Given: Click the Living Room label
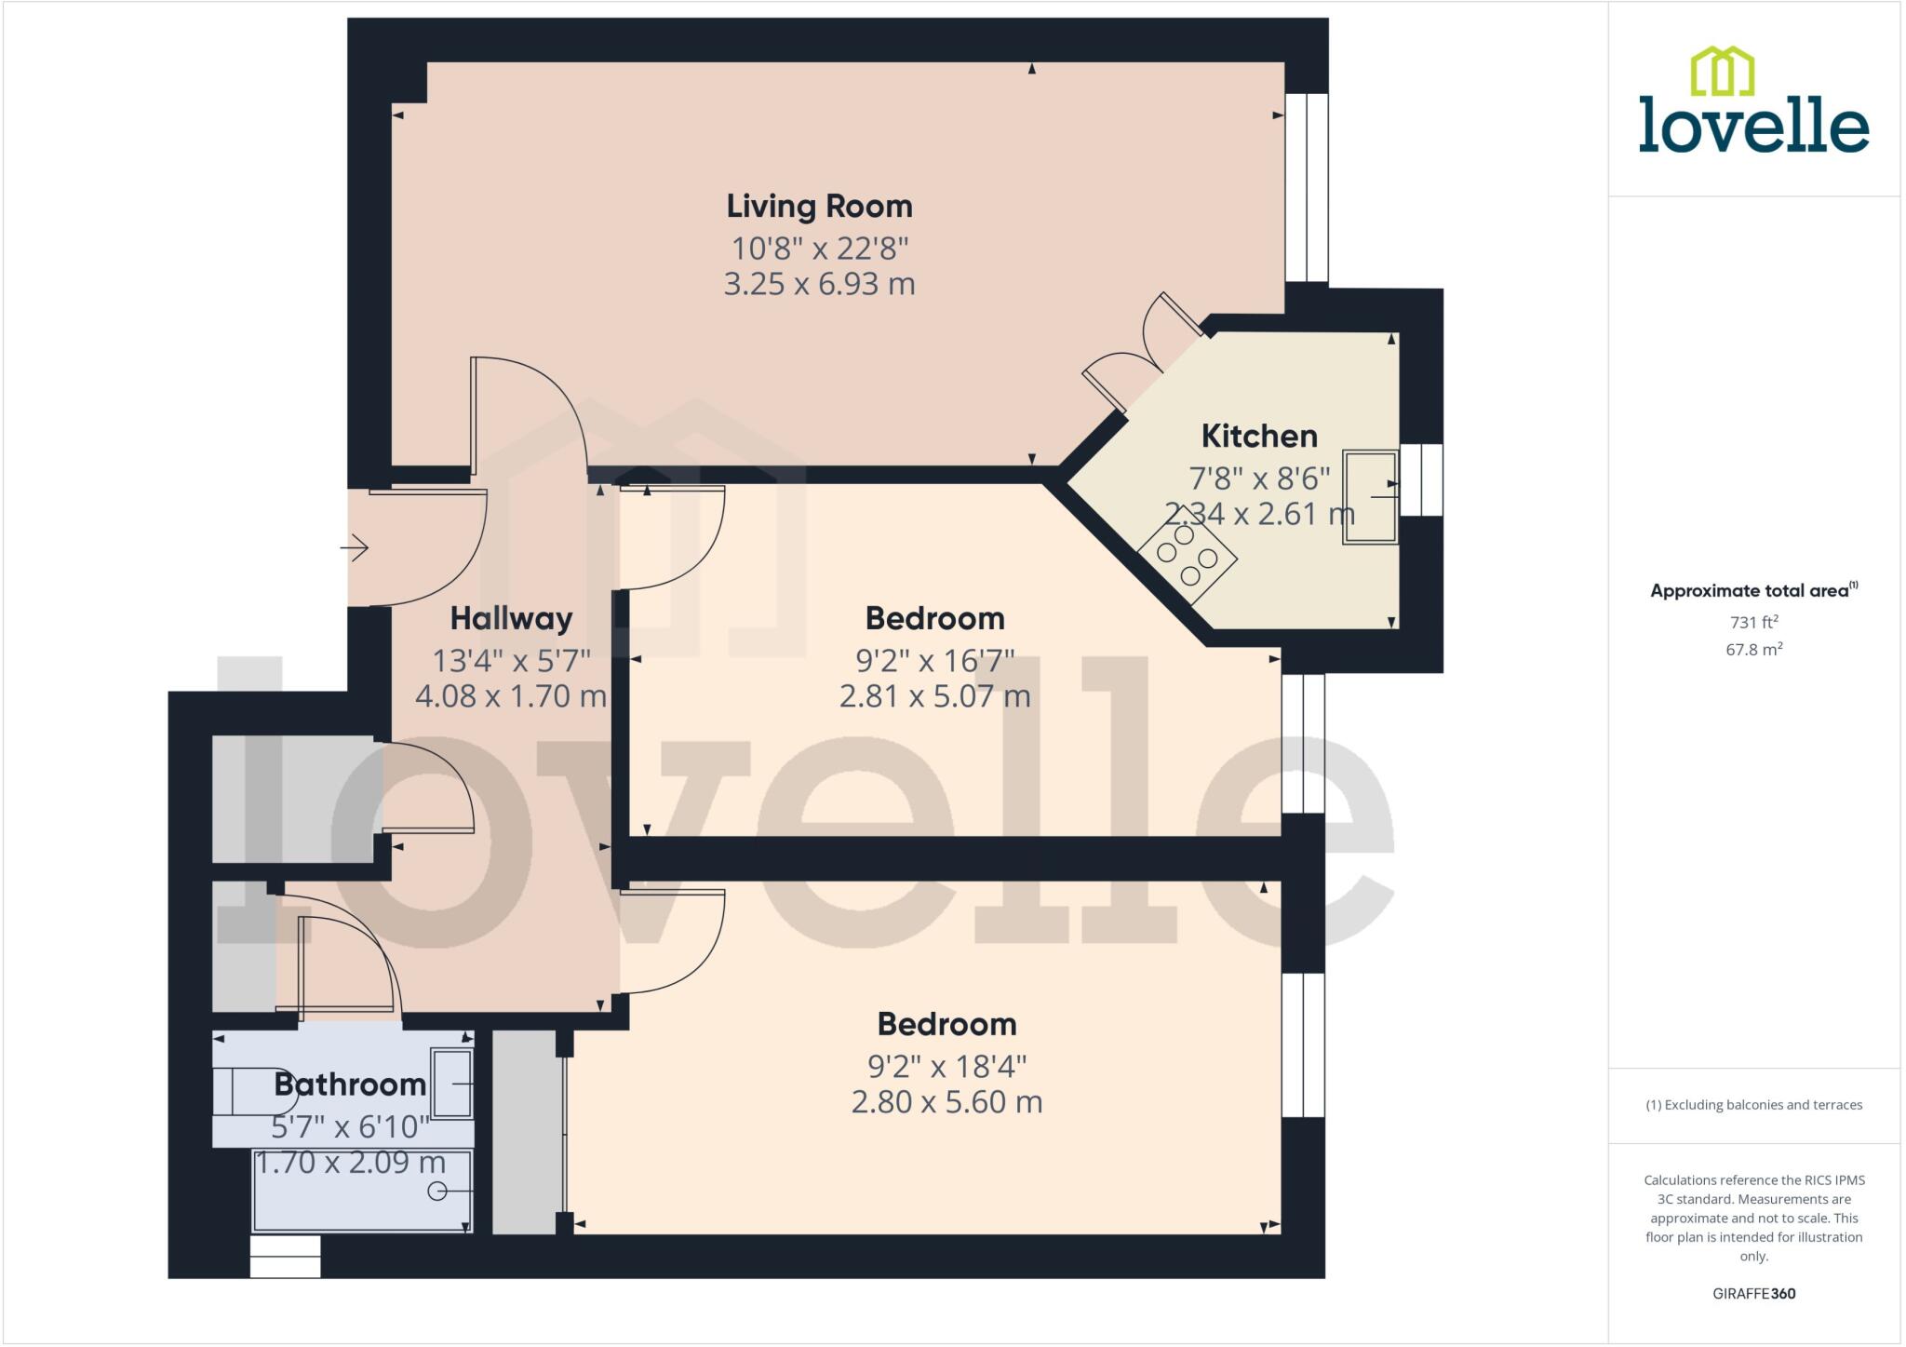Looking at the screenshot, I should [x=819, y=206].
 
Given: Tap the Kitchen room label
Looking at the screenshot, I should [x=1258, y=436].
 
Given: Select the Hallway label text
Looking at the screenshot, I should [x=511, y=618].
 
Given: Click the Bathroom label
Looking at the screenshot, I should [x=350, y=1084].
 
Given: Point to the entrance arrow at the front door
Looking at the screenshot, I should [x=355, y=549].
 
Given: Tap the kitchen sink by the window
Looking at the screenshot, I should [x=1370, y=496].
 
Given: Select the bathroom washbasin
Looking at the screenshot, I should [x=452, y=1083].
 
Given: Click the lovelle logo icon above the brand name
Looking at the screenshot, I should [x=1722, y=71].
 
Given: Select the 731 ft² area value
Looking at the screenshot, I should [x=1753, y=622].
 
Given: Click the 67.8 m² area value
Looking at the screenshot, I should [x=1753, y=650].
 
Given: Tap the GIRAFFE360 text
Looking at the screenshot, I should [x=1753, y=1293].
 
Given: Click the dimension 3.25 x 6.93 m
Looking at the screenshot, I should [x=819, y=284].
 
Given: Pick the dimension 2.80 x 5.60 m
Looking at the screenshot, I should [x=946, y=1102].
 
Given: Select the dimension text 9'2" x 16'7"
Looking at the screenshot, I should [x=934, y=661].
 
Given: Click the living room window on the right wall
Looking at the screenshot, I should [x=1307, y=187].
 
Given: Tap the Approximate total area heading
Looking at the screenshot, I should [x=1753, y=590].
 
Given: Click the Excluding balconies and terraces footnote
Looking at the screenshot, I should [x=1753, y=1105].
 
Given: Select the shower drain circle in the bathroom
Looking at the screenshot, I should [x=436, y=1191].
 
